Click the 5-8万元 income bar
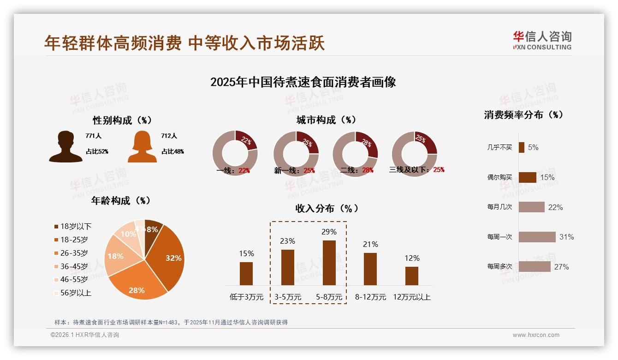329,263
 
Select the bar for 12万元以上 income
411,276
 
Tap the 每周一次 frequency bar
537,237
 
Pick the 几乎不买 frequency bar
521,147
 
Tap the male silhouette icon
65,147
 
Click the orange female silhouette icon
142,147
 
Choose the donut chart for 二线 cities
355,153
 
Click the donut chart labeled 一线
235,153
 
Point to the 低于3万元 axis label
246,297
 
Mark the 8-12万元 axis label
370,297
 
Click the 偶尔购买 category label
499,177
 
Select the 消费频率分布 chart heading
523,115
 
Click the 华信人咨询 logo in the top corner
542,40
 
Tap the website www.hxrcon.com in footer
536,335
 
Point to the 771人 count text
93,136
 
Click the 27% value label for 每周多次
561,267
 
